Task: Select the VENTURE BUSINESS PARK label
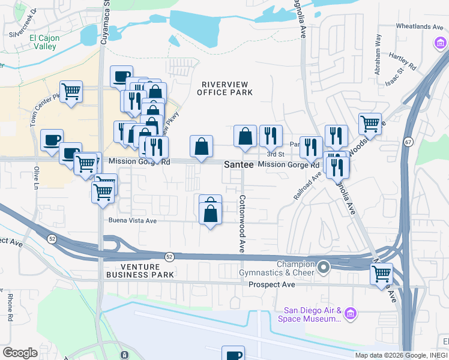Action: coord(140,271)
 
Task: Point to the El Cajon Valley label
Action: coord(43,42)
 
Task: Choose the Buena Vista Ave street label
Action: coord(132,220)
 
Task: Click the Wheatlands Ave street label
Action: coord(420,26)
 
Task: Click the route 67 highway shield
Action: coord(408,142)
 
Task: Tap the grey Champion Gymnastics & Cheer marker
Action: coord(324,266)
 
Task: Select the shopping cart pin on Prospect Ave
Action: coord(382,274)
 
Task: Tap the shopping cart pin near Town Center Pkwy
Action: coord(71,92)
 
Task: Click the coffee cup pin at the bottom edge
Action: coord(233,354)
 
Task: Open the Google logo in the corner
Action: coord(20,353)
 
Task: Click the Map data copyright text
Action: coord(401,355)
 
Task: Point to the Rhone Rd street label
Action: coord(10,304)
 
